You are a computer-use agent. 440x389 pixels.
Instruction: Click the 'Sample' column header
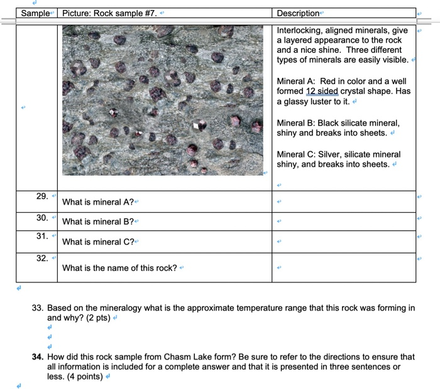(35, 14)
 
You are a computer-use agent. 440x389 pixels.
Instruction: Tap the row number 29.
(41, 196)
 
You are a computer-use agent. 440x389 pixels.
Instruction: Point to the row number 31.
(41, 236)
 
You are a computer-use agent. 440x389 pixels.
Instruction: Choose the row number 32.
(41, 257)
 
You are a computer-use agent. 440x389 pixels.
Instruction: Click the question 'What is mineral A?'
(98, 202)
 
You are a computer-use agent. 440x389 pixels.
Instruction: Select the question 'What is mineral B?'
(98, 221)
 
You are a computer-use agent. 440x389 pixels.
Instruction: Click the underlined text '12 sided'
(322, 92)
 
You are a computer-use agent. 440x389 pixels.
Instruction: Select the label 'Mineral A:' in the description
(296, 82)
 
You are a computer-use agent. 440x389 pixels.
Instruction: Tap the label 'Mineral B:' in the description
(296, 123)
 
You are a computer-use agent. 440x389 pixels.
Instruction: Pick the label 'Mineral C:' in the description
(296, 154)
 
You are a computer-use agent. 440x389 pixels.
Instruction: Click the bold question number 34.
(37, 356)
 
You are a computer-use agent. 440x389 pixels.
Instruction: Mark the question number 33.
(37, 308)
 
